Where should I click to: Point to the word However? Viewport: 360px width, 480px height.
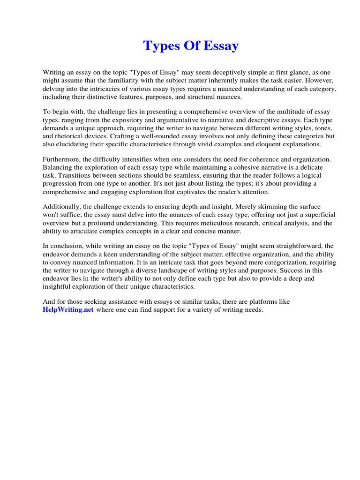click(x=315, y=81)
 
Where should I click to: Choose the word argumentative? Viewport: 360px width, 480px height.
click(x=179, y=120)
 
